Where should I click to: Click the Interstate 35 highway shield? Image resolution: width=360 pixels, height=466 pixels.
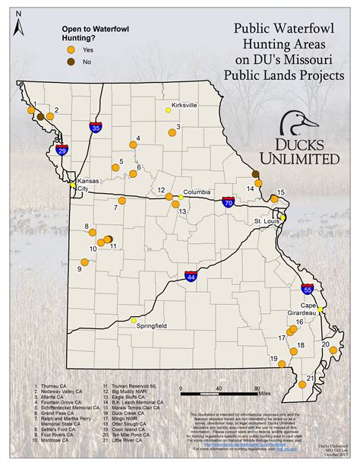[x=95, y=127]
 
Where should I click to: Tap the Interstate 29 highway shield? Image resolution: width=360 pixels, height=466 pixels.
[x=62, y=150]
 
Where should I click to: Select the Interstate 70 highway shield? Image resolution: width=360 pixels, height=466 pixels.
[x=228, y=202]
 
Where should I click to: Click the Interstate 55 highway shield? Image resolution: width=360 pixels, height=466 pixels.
[x=307, y=289]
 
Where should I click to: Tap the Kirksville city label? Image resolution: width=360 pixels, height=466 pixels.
[x=185, y=103]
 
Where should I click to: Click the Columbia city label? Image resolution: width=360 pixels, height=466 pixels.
[x=196, y=192]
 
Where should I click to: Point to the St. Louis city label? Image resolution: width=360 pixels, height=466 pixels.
[x=267, y=221]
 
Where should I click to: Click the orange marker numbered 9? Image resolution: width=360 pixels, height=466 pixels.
[x=86, y=261]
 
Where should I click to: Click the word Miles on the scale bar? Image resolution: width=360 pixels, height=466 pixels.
[x=263, y=394]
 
